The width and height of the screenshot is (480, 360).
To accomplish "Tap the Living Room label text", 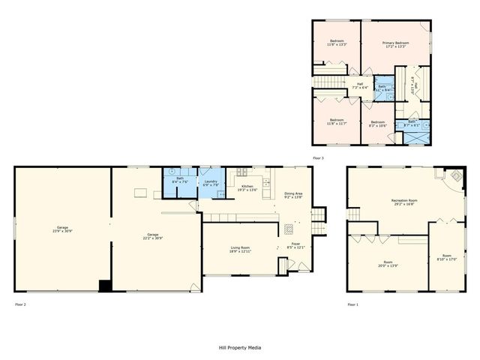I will click(239, 247).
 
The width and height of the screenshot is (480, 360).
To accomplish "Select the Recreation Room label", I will click(403, 200).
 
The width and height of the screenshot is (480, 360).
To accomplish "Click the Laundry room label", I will click(210, 180).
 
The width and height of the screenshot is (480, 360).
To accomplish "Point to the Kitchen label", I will click(247, 187).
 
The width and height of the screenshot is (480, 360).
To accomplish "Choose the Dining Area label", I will click(294, 194).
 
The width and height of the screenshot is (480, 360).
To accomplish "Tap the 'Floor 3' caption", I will click(318, 158).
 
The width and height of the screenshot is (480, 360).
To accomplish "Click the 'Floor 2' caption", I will click(20, 304).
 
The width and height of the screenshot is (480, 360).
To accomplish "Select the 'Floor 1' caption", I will click(352, 304).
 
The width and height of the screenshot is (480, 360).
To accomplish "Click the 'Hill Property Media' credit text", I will click(240, 347).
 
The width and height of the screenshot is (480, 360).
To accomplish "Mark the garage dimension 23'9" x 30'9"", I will click(61, 231).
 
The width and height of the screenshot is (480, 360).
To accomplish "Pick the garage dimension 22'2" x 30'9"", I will click(153, 238).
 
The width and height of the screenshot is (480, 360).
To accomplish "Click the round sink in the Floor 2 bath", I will click(170, 170).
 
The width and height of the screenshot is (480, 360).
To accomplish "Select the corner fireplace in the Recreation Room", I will click(454, 177).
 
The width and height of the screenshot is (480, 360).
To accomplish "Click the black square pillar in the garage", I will click(106, 285).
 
